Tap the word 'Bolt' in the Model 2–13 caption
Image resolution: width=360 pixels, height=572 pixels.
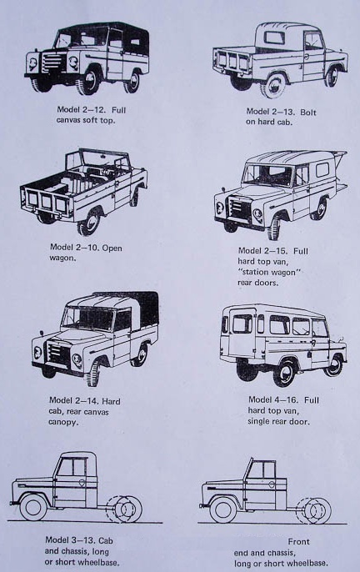(307, 112)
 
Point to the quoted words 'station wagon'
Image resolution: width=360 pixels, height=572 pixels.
(269, 272)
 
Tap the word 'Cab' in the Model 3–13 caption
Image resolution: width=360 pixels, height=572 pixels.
(105, 540)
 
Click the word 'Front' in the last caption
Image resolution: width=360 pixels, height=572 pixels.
(298, 542)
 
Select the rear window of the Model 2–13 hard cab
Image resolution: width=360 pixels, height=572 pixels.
(274, 38)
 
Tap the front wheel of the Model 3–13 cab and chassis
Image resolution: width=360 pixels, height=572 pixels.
(33, 508)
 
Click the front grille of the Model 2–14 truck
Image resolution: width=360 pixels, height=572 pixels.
(57, 354)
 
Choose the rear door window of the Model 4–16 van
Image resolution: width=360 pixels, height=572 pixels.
(242, 324)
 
